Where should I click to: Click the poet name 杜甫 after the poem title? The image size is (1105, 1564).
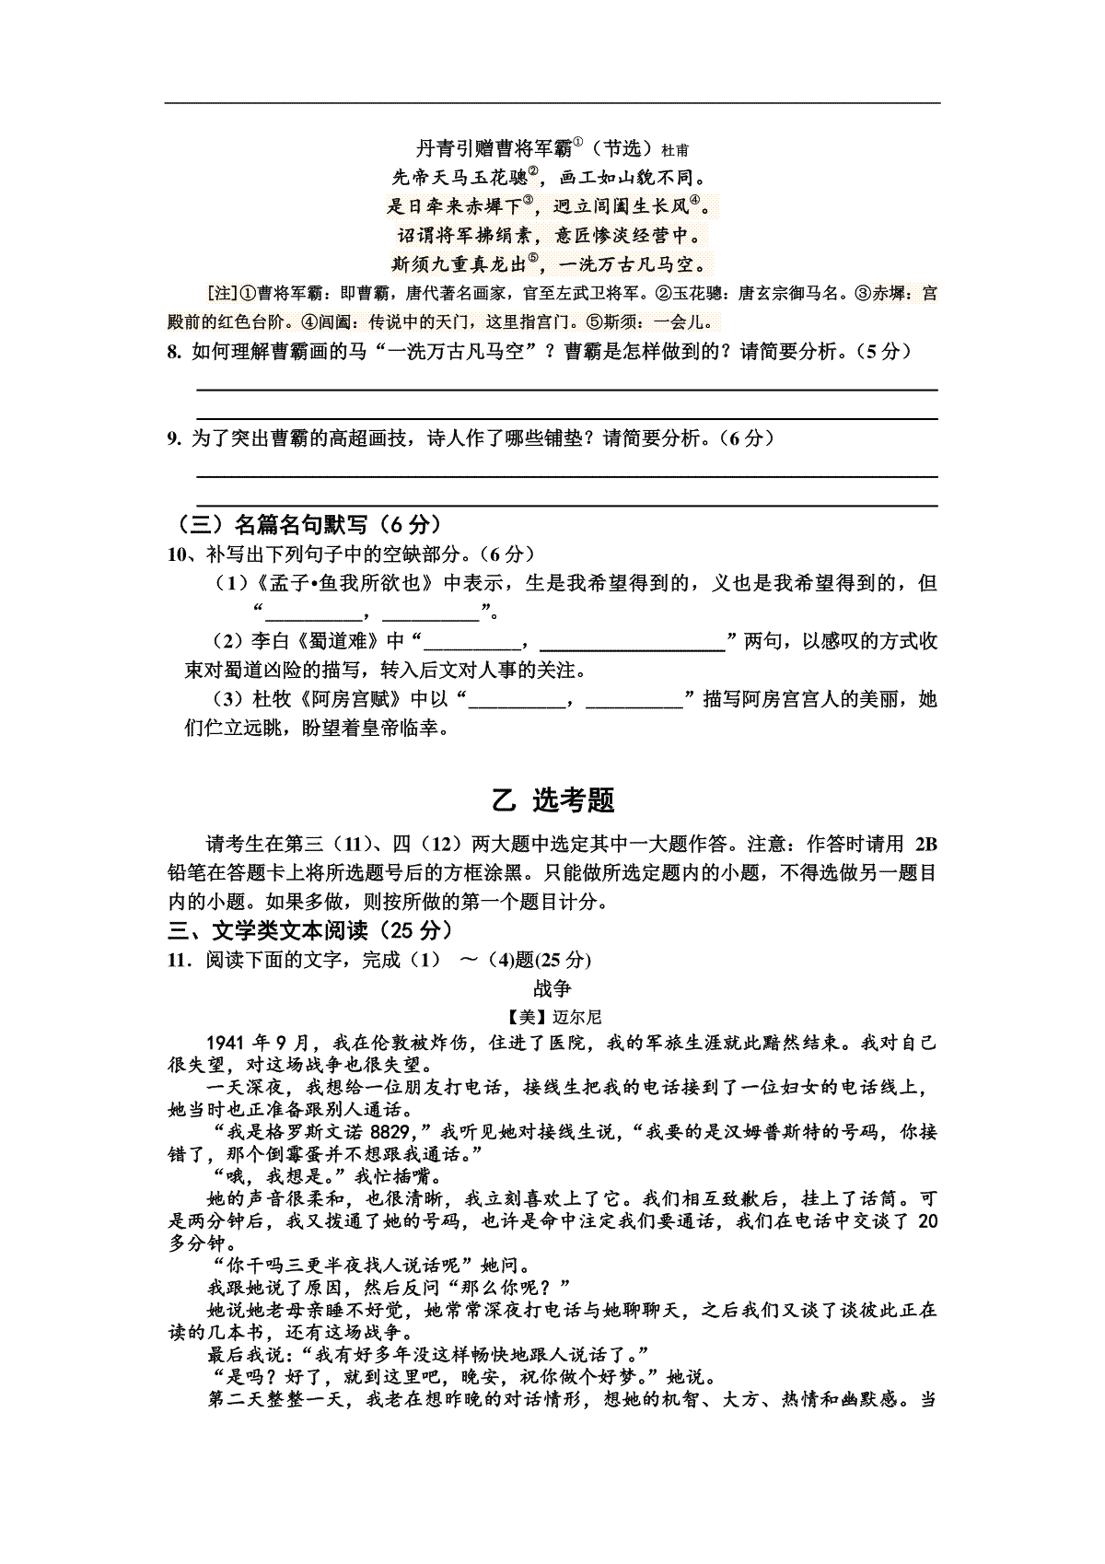click(x=674, y=150)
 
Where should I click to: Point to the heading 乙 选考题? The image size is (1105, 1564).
click(x=553, y=800)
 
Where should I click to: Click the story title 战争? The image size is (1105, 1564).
click(x=552, y=988)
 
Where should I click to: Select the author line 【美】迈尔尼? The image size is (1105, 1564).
click(x=553, y=1017)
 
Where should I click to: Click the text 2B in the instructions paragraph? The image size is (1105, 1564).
click(x=925, y=844)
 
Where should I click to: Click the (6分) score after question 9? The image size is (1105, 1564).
click(x=744, y=438)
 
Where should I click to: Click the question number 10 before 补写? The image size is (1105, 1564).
click(x=177, y=554)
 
